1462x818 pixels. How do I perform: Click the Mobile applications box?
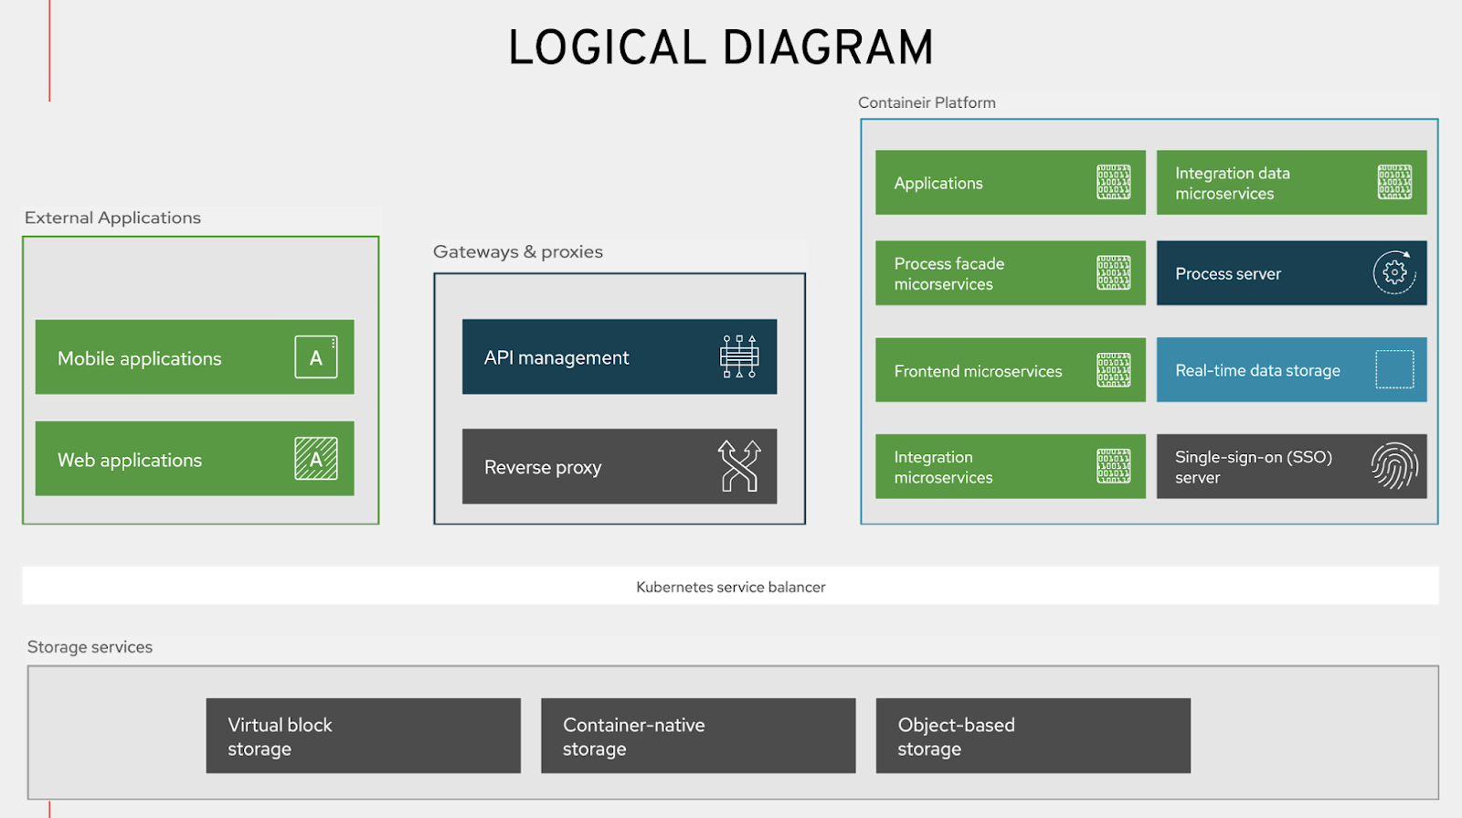tap(194, 357)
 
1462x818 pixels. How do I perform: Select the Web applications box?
tap(194, 459)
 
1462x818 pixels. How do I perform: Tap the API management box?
tap(619, 356)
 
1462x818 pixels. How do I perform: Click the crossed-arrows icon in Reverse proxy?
tap(739, 466)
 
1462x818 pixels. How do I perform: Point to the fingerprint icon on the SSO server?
tap(1394, 465)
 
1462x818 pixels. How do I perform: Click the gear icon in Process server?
tap(1394, 272)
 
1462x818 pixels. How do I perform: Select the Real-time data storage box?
tap(1290, 370)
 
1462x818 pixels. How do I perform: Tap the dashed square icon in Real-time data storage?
tap(1394, 369)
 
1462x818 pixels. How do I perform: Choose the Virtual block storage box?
tap(363, 736)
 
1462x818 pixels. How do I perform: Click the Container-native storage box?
tap(698, 736)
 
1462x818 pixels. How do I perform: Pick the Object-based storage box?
tap(1033, 736)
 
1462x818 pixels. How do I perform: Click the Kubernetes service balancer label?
tap(730, 587)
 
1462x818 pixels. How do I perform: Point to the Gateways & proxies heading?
tap(518, 251)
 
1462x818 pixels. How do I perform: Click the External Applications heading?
tap(112, 218)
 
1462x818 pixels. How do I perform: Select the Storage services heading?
tap(90, 647)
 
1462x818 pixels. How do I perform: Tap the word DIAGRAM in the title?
tap(828, 48)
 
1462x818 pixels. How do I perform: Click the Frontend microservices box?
tap(1010, 370)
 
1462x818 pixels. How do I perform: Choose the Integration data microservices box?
tap(1290, 183)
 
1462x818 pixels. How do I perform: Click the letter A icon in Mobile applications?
tap(316, 357)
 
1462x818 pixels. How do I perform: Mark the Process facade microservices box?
tap(1010, 273)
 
